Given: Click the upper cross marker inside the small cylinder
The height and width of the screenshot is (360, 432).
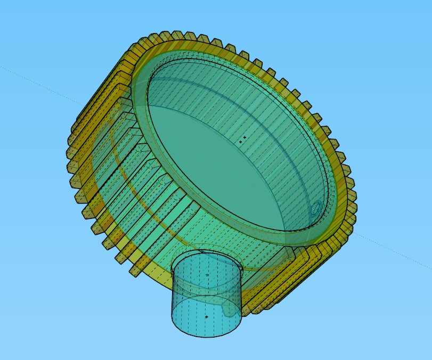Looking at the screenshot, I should (207, 275).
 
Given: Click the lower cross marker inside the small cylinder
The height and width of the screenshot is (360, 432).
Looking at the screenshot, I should (207, 317).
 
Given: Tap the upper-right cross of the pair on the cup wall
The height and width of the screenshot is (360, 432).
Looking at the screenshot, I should (245, 137).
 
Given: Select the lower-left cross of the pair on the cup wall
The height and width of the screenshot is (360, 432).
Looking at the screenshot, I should (240, 142).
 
